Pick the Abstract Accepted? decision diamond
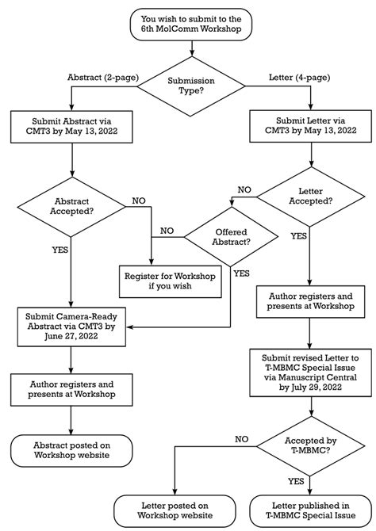(x=71, y=208)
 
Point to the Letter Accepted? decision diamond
(x=311, y=196)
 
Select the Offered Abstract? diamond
(x=232, y=235)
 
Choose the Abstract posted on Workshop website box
(x=71, y=452)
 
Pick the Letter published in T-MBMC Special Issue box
(x=311, y=509)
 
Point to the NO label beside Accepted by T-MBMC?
(x=241, y=437)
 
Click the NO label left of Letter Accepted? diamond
(x=245, y=190)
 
